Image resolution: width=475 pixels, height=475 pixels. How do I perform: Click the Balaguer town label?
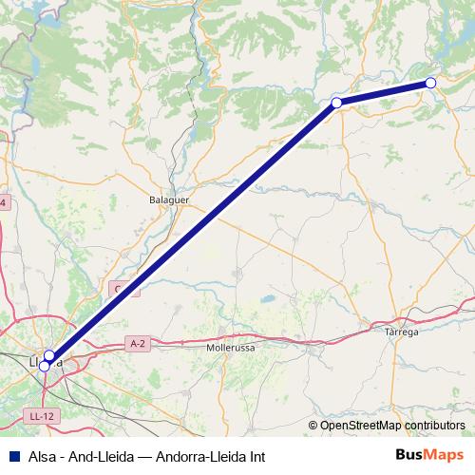coord(170,201)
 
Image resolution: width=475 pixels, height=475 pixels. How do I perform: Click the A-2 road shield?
coord(138,343)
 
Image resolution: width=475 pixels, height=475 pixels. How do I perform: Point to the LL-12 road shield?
coord(40,416)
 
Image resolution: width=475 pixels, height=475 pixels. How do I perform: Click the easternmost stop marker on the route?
coord(430,83)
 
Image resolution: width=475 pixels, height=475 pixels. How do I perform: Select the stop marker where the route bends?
coord(336,103)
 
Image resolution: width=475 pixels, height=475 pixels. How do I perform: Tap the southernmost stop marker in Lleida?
coord(44,365)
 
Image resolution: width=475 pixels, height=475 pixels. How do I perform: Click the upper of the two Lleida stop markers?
coord(49,355)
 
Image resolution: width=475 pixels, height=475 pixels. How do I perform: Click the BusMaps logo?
coord(430,455)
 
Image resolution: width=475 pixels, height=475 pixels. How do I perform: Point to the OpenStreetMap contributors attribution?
coord(387,426)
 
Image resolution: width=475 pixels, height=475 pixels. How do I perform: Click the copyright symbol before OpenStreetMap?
coord(313,426)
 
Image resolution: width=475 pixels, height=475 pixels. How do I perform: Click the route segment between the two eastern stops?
coord(384,92)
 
